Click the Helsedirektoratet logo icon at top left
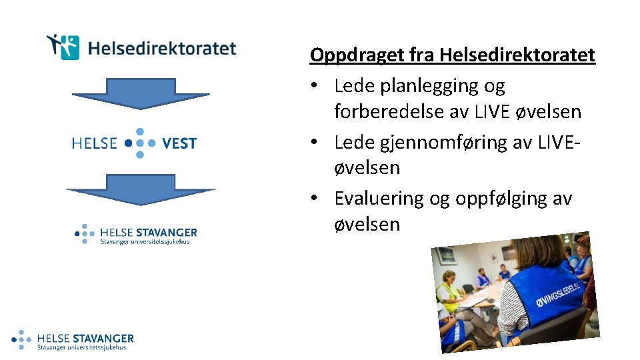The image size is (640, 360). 64,47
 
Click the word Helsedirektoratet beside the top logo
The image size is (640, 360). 162,49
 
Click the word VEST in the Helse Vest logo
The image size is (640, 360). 179,143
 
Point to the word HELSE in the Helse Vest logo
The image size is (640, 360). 94,143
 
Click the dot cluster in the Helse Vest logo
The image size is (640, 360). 139,143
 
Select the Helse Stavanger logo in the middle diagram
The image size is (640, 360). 136,235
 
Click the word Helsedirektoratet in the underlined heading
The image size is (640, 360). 517,55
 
